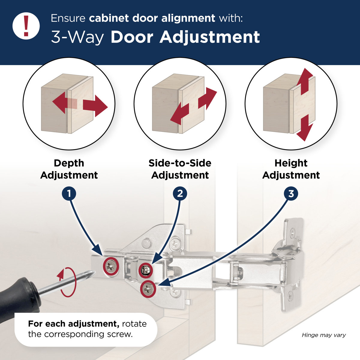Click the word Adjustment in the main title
click(x=209, y=37)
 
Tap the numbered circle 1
click(x=69, y=193)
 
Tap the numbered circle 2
click(x=180, y=193)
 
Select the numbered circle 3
click(x=291, y=193)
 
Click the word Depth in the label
click(x=69, y=163)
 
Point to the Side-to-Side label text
click(x=180, y=163)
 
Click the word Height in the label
click(x=291, y=163)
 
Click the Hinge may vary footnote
click(x=324, y=335)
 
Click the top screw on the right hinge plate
click(x=292, y=231)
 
